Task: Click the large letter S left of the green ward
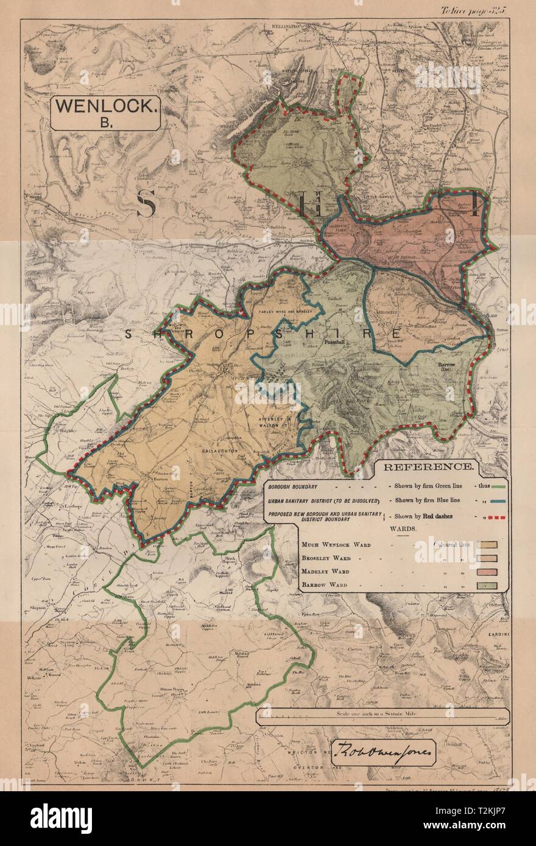tap(146, 203)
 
